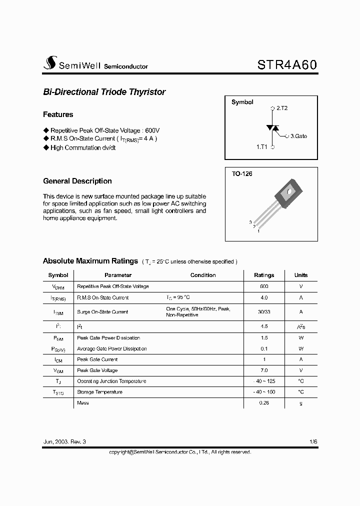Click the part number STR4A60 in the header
287,65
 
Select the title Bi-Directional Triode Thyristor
104,92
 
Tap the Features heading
58,114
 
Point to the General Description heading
77,181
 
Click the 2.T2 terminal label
280,108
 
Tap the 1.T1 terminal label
262,147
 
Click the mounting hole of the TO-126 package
288,190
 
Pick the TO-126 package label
242,174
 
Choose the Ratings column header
264,275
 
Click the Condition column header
203,275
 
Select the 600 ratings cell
264,286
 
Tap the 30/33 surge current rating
264,311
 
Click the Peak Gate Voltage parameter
97,370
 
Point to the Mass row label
83,403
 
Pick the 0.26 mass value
264,403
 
